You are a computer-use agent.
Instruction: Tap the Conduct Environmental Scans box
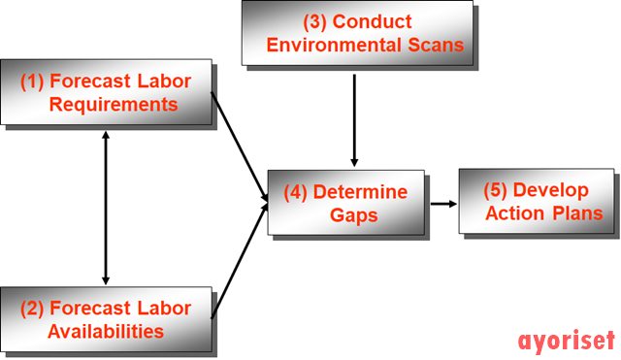357,34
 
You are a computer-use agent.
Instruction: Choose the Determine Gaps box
345,202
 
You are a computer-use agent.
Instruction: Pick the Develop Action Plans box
536,201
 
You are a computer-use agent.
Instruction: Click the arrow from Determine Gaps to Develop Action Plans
443,204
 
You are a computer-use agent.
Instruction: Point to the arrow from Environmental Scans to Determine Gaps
354,116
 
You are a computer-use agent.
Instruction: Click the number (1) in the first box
33,82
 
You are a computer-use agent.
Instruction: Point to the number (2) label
33,309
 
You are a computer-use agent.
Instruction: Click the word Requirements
117,105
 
